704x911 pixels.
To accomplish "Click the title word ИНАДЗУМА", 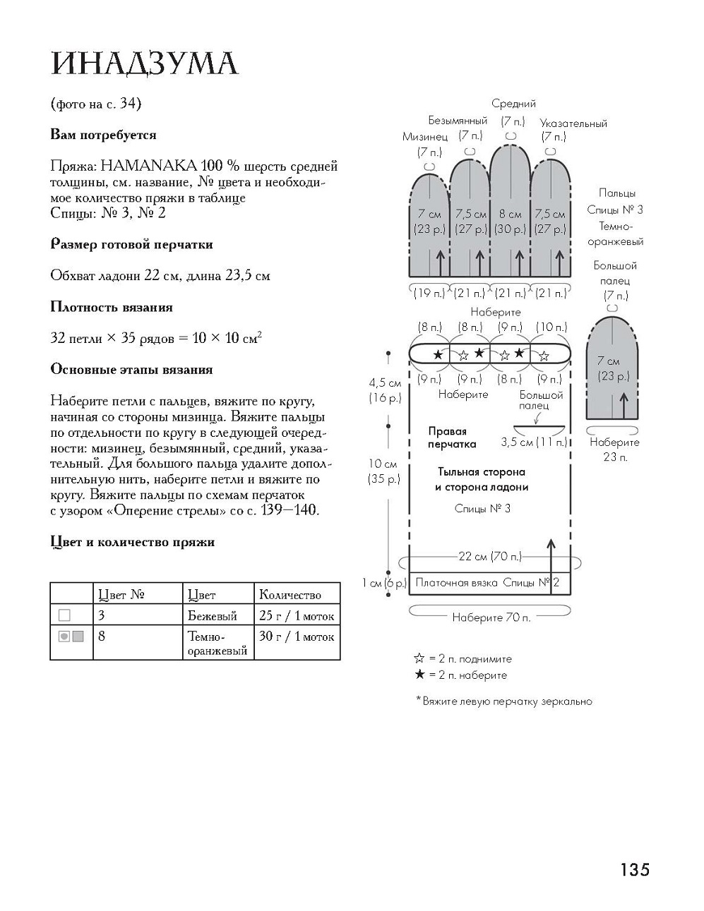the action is click(x=145, y=64).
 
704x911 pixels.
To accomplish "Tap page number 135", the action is click(x=635, y=869).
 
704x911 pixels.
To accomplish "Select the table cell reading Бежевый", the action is click(x=213, y=616).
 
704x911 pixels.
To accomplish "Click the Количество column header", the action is click(x=290, y=594).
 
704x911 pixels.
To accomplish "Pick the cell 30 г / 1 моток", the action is click(x=297, y=637).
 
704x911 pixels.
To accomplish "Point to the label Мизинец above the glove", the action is click(x=425, y=137).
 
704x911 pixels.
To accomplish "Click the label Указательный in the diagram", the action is click(x=573, y=123).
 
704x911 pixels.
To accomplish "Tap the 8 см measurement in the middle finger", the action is click(x=510, y=215).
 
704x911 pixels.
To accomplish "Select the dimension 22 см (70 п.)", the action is click(x=490, y=556).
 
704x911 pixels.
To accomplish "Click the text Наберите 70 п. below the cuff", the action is click(x=491, y=617).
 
